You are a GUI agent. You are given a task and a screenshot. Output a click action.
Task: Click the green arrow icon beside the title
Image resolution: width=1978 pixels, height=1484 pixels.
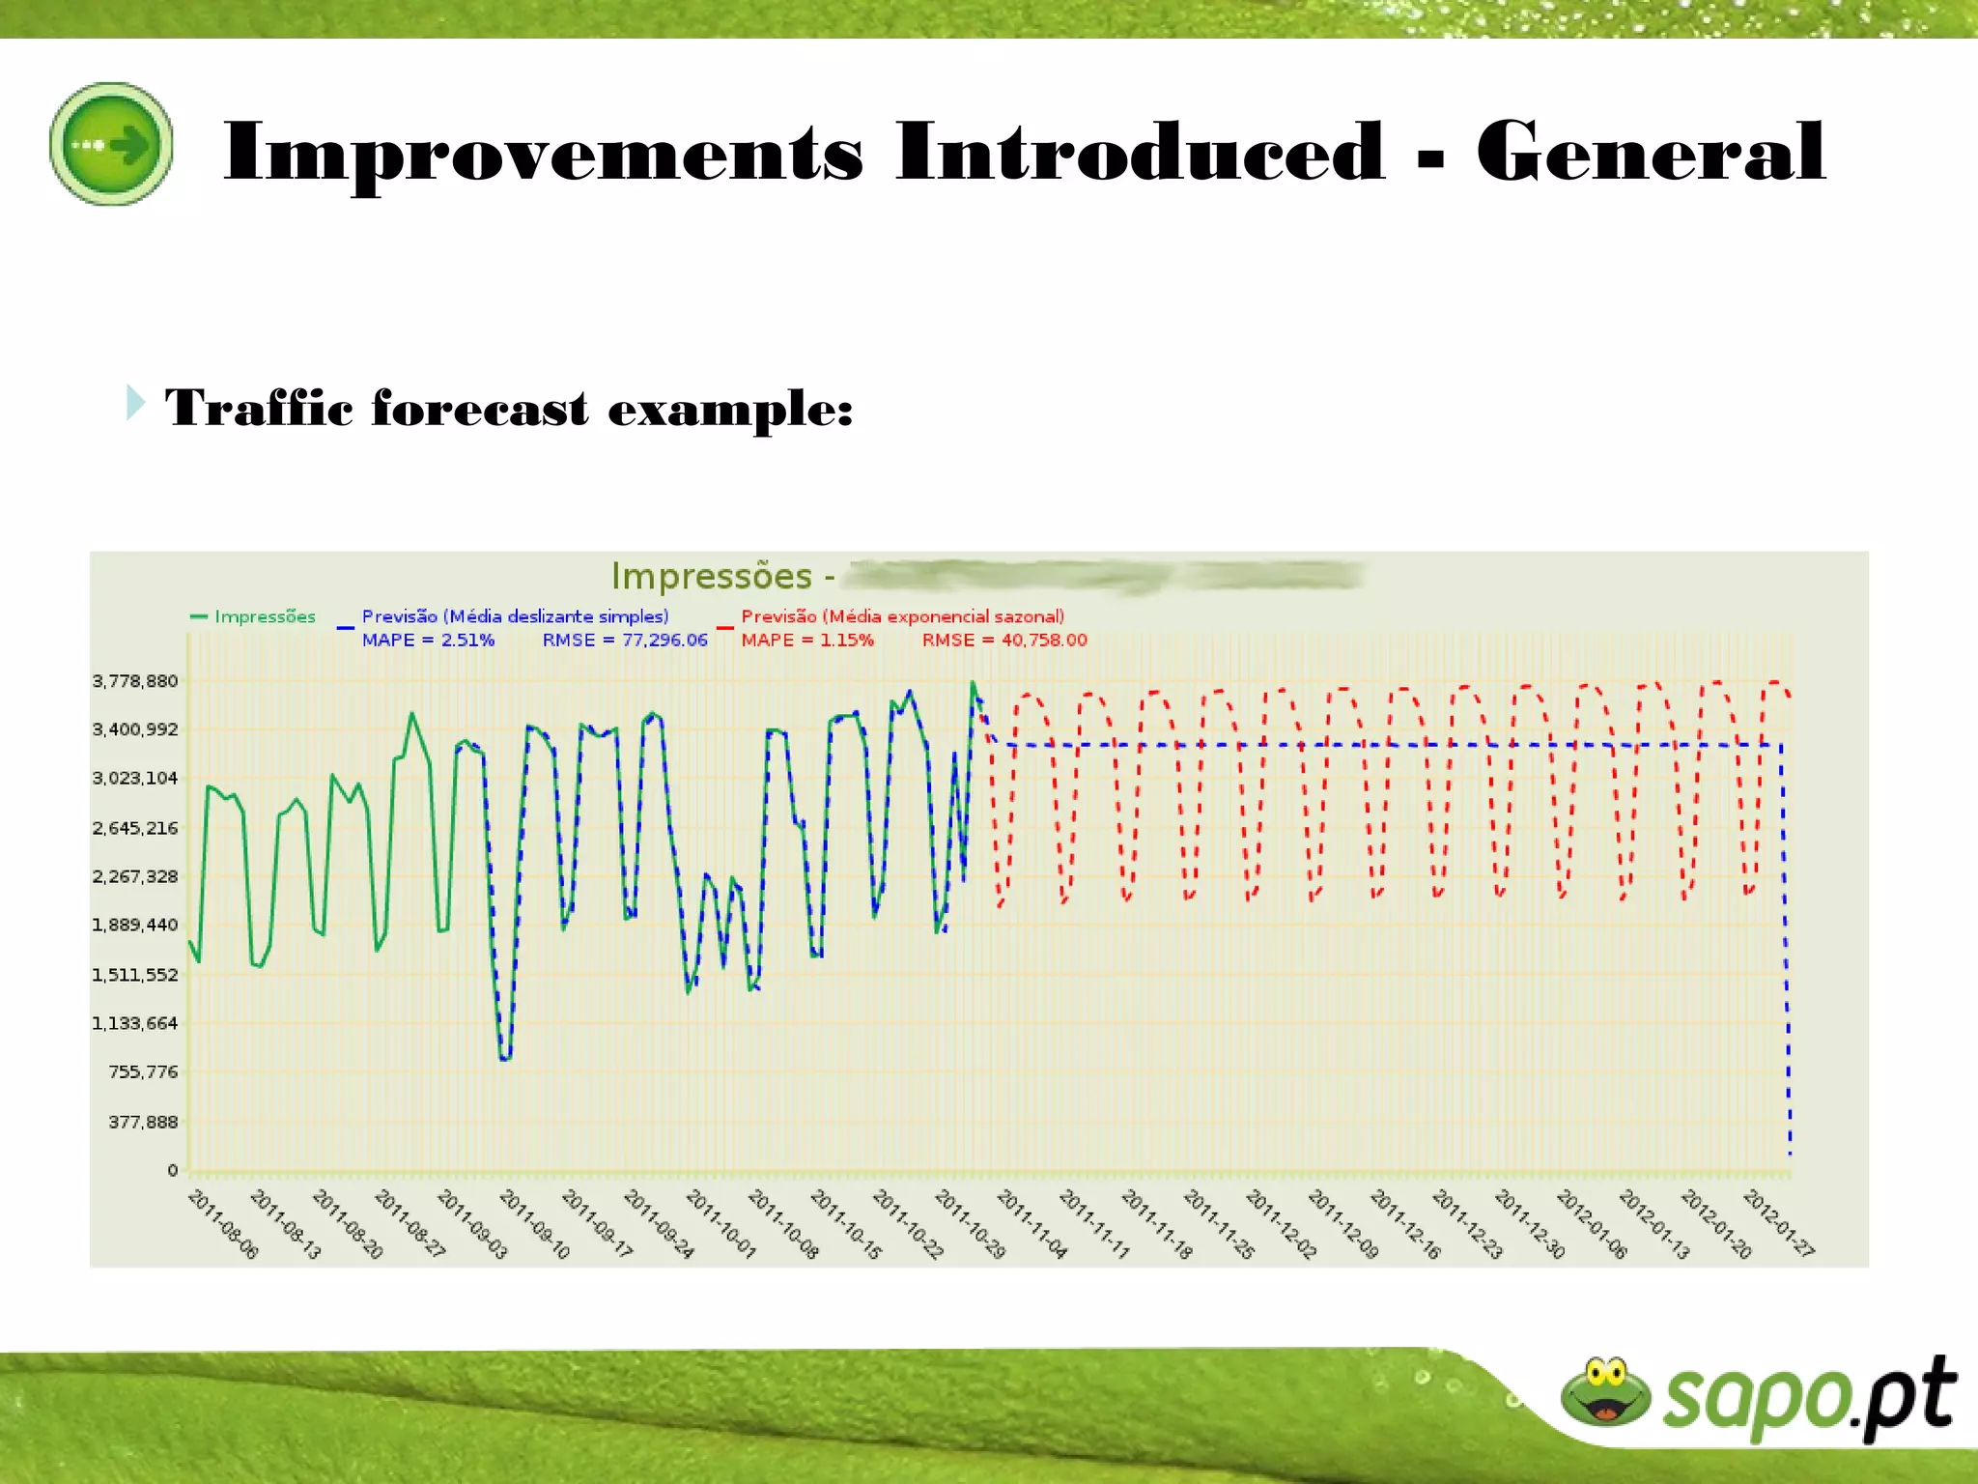111,144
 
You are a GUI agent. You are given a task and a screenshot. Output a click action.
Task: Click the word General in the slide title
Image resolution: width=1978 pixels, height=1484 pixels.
1651,152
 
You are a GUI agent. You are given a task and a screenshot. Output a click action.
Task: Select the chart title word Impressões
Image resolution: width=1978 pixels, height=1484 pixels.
711,576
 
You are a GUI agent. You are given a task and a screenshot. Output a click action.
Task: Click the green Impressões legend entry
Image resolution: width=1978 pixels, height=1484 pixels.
264,616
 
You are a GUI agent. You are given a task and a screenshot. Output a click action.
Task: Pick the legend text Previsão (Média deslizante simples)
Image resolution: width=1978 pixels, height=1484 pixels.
515,616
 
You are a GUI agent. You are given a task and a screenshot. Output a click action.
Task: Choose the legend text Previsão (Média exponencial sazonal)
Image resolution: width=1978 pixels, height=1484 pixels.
902,616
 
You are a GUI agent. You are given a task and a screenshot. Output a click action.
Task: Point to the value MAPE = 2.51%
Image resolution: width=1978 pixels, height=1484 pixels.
428,640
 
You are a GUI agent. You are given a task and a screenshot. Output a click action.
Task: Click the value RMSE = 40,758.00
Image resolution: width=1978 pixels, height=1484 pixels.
1004,640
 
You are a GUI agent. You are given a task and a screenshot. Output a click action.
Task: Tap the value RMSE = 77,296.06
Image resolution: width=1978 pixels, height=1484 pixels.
625,640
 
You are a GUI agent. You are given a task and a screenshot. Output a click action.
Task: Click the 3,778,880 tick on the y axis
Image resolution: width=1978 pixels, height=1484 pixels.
135,681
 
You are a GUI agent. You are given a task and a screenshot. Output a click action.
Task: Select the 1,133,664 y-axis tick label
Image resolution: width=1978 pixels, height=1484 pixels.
135,1023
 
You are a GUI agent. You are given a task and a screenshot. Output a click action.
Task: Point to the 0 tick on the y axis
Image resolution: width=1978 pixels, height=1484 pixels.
173,1170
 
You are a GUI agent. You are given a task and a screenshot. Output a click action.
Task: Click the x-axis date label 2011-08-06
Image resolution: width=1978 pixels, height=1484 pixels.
223,1224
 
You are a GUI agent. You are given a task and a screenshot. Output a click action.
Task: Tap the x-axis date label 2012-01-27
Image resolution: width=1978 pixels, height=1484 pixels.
1778,1224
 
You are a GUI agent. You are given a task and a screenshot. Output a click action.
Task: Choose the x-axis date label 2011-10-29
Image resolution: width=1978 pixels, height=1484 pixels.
970,1224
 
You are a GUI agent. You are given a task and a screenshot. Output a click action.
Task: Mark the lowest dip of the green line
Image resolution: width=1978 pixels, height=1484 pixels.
504,1059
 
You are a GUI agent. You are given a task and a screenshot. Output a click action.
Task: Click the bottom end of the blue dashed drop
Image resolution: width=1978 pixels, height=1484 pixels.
1790,1154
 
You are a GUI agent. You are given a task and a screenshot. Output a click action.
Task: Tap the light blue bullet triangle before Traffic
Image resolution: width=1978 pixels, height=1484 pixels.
135,402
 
